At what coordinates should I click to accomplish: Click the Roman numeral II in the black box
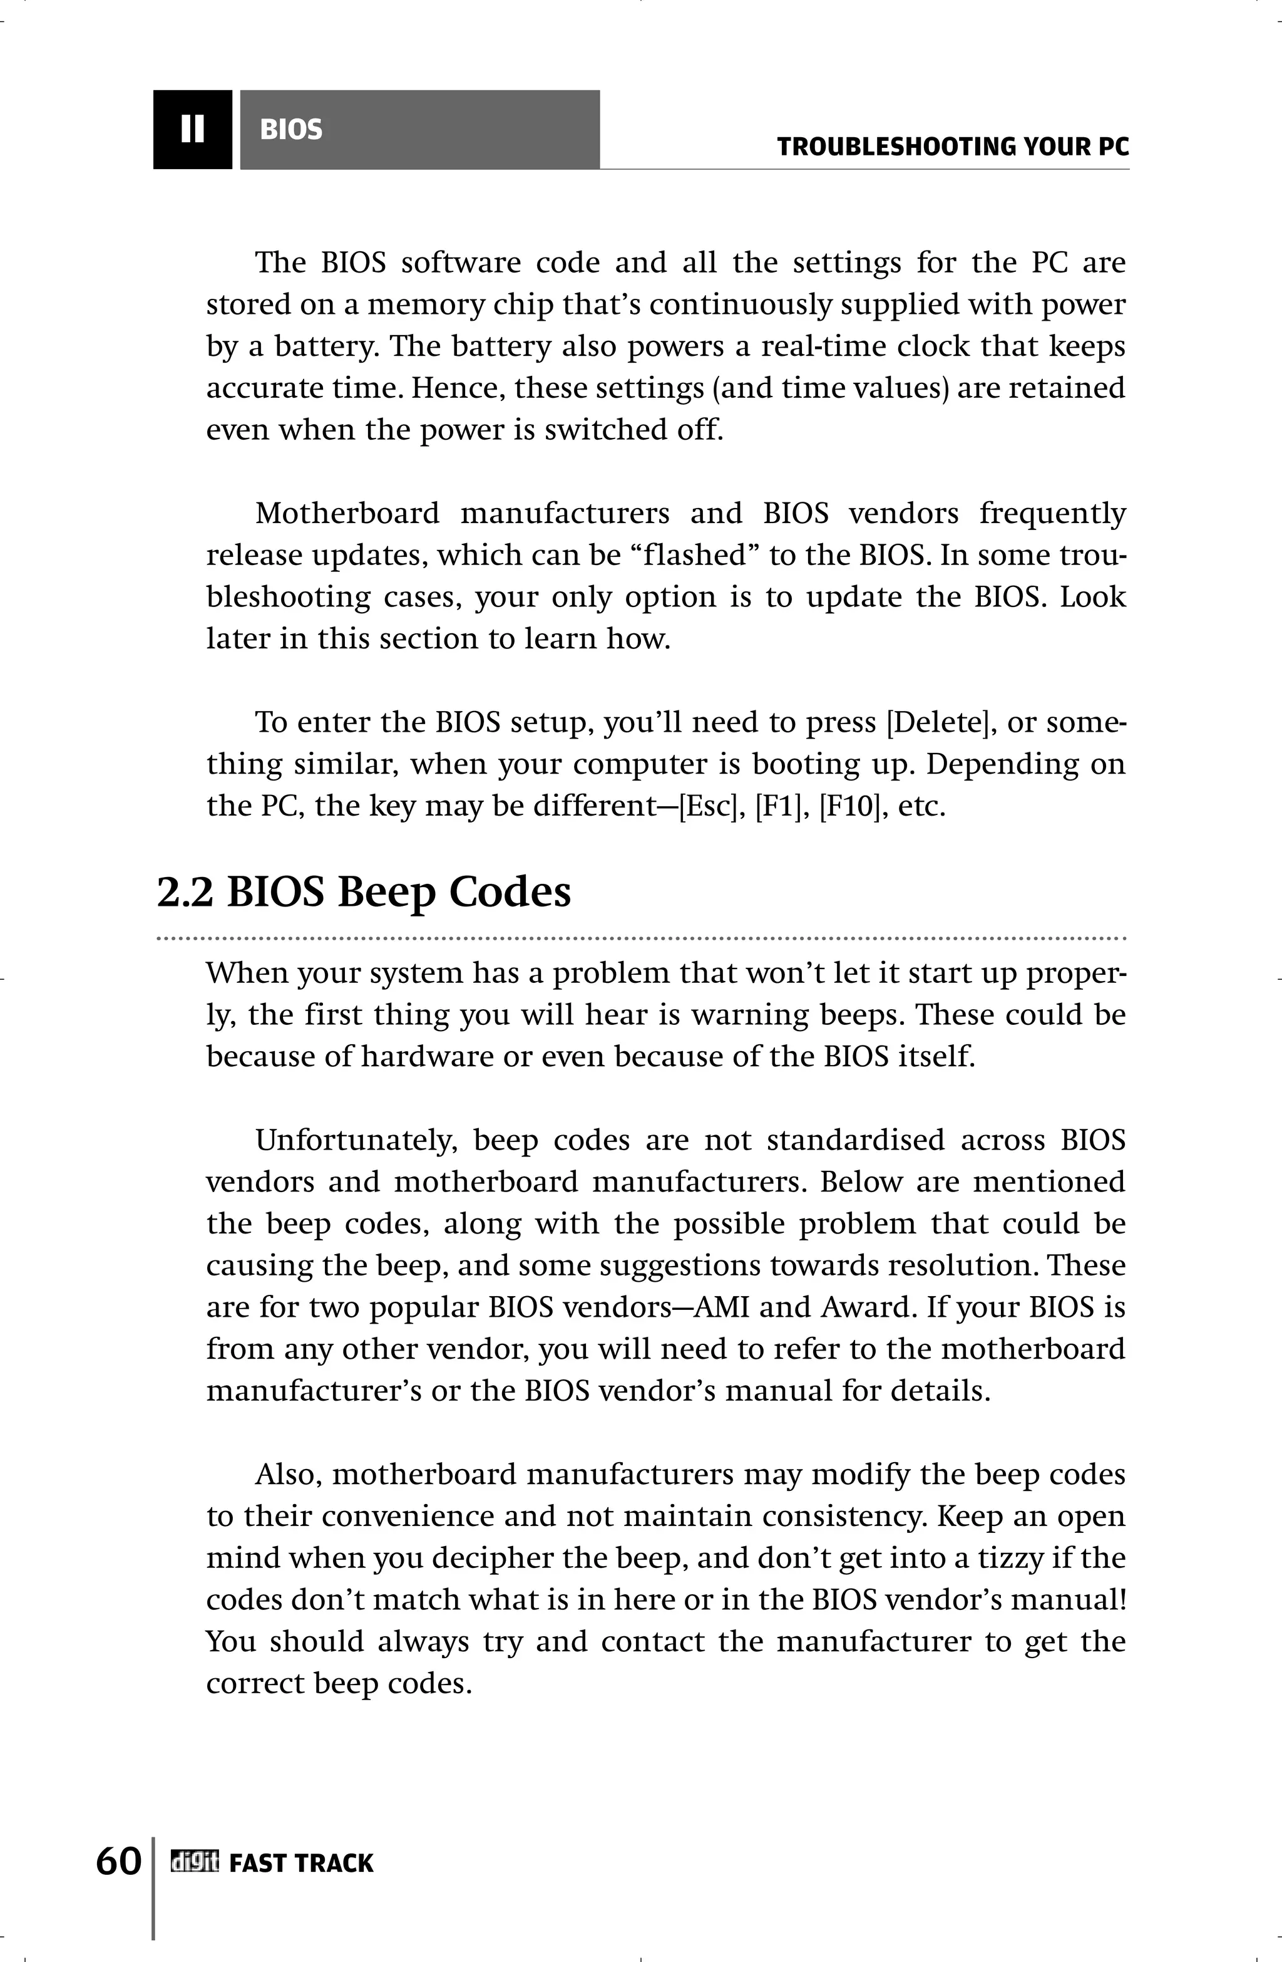point(192,130)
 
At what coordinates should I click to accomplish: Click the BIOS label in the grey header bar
point(291,130)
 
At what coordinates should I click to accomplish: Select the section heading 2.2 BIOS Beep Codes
point(363,892)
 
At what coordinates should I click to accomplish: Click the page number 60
point(118,1861)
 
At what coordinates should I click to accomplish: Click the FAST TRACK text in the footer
point(300,1863)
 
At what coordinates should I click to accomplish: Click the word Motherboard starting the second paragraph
point(347,513)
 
